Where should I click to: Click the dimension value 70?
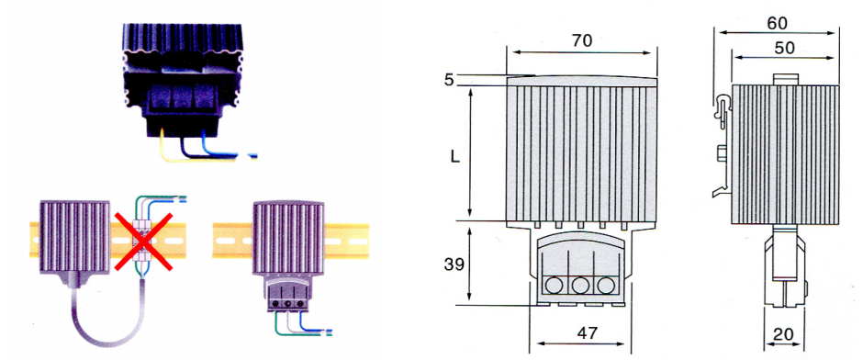pos(582,41)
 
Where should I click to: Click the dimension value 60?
pos(777,23)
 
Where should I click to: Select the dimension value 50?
pos(784,48)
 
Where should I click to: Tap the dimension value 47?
pos(586,332)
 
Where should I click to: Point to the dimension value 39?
pos(454,264)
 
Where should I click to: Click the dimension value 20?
pos(782,334)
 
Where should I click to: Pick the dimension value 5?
pos(449,81)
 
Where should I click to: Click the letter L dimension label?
pos(454,157)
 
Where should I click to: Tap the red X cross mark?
pos(143,242)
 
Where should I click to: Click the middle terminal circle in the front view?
pos(580,285)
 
